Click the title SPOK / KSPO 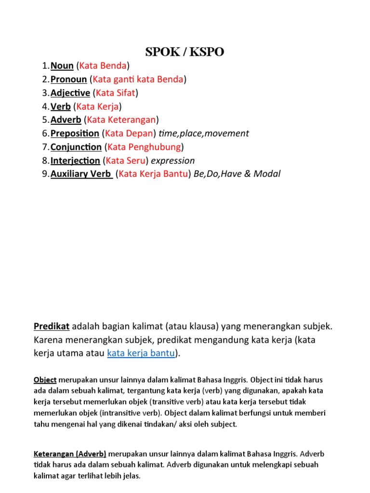click(x=185, y=52)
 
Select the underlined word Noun click(x=62, y=65)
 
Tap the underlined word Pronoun click(x=68, y=79)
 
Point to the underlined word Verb click(x=60, y=106)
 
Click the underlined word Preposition click(x=75, y=133)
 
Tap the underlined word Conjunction click(x=76, y=147)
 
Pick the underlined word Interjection click(x=75, y=160)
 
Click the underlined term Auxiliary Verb click(x=81, y=174)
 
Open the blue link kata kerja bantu click(x=141, y=353)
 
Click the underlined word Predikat click(x=52, y=326)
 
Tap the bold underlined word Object click(x=45, y=380)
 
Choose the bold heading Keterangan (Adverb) click(x=70, y=454)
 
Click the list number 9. click(x=45, y=174)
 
